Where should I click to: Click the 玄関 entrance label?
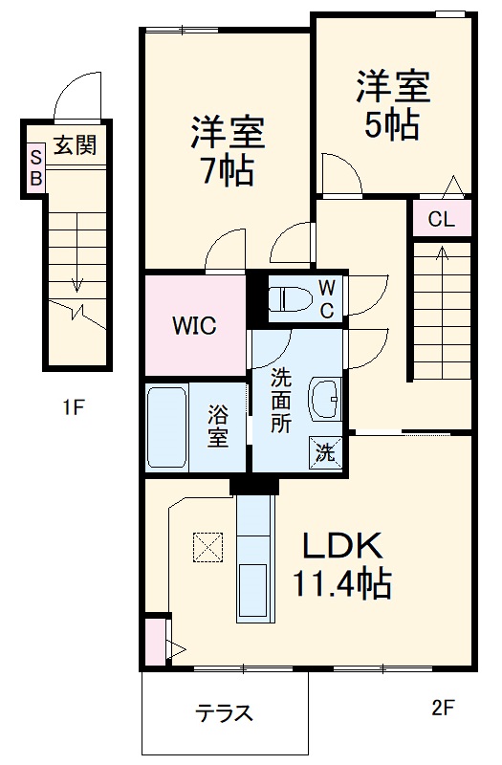point(76,145)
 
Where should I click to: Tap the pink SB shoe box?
point(35,167)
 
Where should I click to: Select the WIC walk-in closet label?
point(194,325)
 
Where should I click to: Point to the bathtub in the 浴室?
point(167,427)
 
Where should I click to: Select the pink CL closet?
point(441,219)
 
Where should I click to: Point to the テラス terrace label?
point(225,712)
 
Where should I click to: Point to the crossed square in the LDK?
point(207,547)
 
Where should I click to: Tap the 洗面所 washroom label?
point(280,402)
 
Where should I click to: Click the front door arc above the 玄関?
point(76,97)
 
